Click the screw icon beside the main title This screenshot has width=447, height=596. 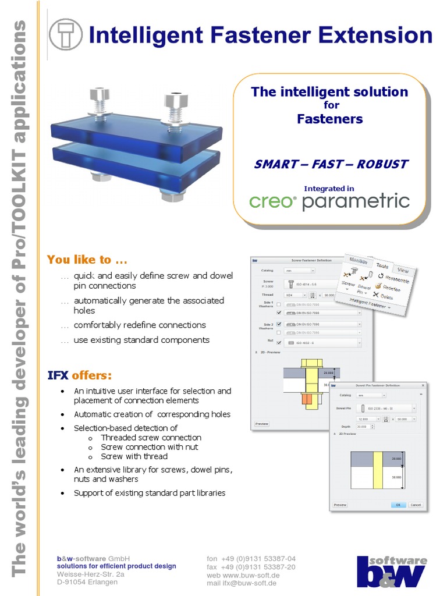pyautogui.click(x=66, y=34)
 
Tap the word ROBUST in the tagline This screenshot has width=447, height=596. pyautogui.click(x=382, y=164)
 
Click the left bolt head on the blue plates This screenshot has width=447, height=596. pyautogui.click(x=98, y=94)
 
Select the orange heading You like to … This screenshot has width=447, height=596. pyautogui.click(x=87, y=259)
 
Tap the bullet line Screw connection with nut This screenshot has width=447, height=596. pyautogui.click(x=149, y=447)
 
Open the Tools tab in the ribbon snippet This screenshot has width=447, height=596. pyautogui.click(x=382, y=265)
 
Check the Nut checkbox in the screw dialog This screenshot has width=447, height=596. pyautogui.click(x=279, y=343)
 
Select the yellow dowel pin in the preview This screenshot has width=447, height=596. pyautogui.click(x=378, y=470)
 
